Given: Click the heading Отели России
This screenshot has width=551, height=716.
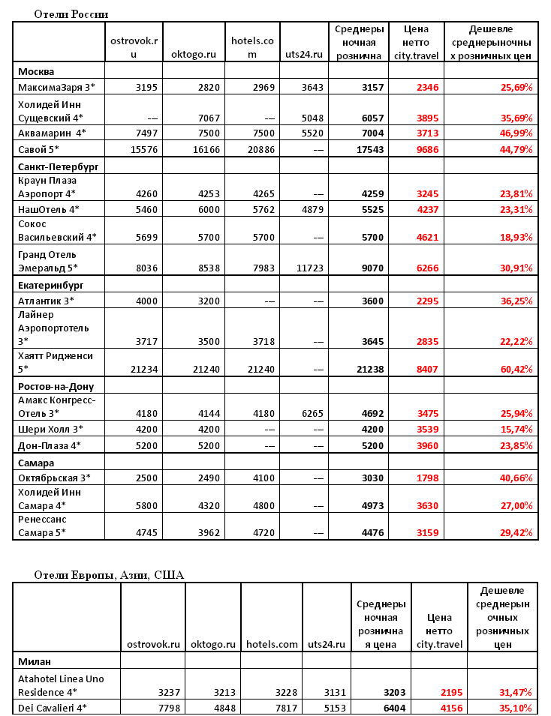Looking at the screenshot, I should click(71, 14).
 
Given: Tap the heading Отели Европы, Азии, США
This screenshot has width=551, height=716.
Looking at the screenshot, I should click(109, 575).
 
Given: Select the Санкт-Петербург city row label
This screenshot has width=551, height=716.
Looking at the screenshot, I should click(58, 164).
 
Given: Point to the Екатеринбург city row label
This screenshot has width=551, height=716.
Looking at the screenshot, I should click(50, 284).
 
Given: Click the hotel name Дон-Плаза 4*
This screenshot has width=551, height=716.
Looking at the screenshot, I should click(48, 445).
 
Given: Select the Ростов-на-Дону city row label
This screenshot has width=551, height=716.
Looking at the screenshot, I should click(60, 386).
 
